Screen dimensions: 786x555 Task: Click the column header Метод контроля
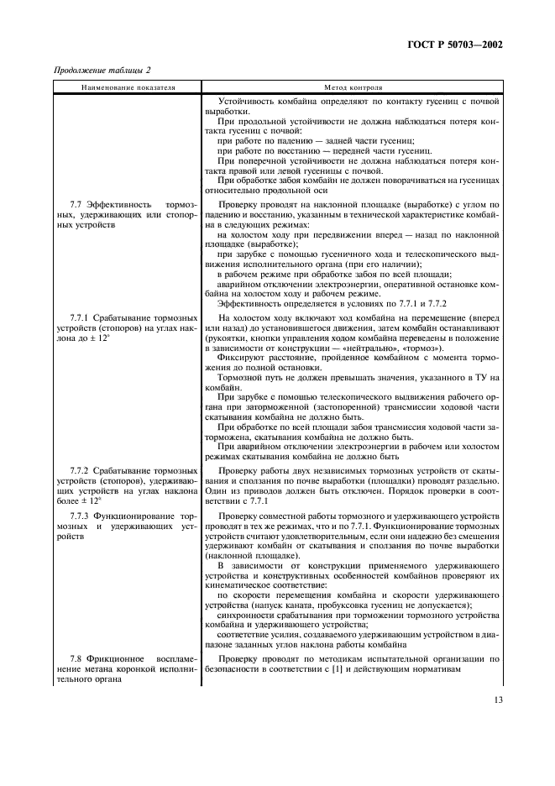353,87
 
